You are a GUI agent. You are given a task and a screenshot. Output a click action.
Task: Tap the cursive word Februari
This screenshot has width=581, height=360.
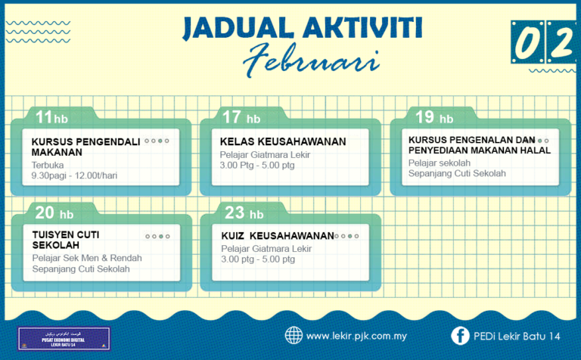(x=300, y=61)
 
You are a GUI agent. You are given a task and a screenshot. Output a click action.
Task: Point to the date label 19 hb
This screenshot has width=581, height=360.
(x=434, y=117)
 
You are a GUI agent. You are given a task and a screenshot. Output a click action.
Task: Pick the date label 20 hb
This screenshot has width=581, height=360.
(x=54, y=213)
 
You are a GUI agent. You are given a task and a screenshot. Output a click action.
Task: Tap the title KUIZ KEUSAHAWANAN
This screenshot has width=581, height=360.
(x=277, y=235)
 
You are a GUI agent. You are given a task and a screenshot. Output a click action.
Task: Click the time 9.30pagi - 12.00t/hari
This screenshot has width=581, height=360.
(x=74, y=175)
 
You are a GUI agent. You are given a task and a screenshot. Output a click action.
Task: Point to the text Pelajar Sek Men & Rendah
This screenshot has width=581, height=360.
(x=87, y=258)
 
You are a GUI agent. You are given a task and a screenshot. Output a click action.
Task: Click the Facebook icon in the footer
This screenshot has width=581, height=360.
(x=459, y=335)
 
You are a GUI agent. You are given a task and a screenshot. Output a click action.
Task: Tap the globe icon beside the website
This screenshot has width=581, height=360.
(x=294, y=335)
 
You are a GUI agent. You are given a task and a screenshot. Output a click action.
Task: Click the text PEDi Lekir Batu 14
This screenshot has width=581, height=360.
(x=519, y=336)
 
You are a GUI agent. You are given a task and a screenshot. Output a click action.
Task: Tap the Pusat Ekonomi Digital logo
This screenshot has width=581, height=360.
(x=64, y=338)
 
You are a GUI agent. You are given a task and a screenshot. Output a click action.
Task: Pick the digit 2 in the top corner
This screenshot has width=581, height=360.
(x=561, y=44)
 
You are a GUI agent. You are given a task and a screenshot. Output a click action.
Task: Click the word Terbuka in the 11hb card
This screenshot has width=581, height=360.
(x=48, y=164)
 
